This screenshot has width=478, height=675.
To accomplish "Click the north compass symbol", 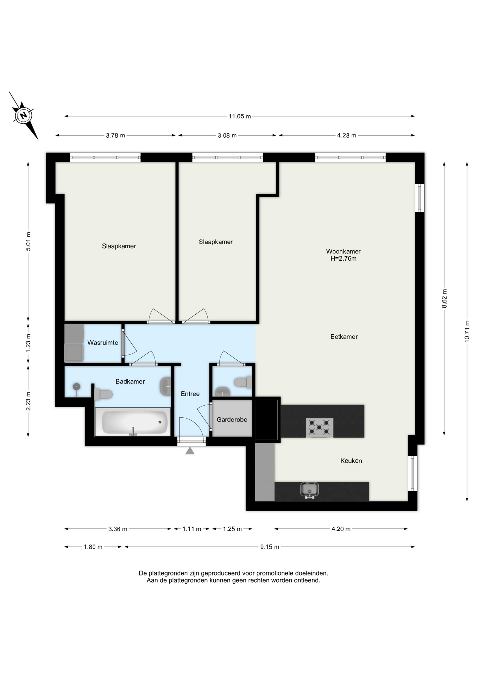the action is (x=24, y=115).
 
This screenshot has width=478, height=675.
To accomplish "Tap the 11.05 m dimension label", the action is (x=240, y=116).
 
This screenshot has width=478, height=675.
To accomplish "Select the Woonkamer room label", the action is (x=343, y=251).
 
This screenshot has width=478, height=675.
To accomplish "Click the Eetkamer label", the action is (x=344, y=337).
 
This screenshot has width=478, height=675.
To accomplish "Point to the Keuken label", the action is (x=351, y=461).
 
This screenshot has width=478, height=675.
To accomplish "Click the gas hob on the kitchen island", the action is (x=319, y=427).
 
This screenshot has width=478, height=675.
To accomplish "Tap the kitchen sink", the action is (x=309, y=490).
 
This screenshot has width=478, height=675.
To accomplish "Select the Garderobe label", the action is (x=232, y=420).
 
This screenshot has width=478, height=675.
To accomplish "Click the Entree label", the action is (x=190, y=394).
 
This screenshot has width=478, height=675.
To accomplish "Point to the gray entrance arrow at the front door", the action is (x=190, y=451).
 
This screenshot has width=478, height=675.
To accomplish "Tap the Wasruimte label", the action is (x=103, y=343).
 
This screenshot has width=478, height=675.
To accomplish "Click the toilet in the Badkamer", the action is (x=103, y=394).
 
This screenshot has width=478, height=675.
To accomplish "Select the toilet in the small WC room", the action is (x=243, y=382).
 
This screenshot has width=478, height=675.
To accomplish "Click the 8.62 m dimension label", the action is (x=444, y=299).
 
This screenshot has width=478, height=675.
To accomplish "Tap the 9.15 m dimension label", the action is (x=270, y=547).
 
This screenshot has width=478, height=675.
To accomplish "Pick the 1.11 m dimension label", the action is (x=192, y=529).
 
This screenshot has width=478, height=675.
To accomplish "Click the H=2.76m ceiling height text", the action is (x=343, y=259).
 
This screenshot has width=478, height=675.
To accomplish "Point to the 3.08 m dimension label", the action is (x=227, y=136).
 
